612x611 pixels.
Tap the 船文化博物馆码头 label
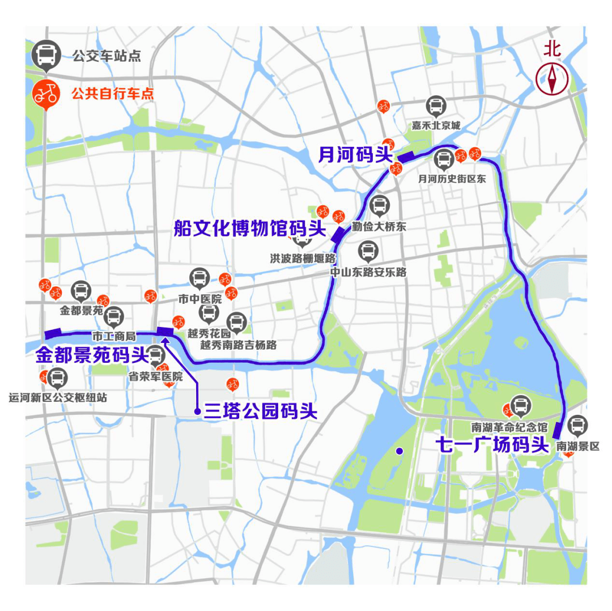pos(250,229)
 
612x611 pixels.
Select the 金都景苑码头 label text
pos(91,355)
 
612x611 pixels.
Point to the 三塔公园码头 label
pos(261,411)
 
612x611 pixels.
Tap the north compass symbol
pos(552,79)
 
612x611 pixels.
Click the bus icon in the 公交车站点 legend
pos(45,55)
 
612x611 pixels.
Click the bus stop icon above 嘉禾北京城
pos(436,105)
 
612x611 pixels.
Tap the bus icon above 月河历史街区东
pos(444,159)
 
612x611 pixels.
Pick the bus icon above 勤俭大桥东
pos(379,205)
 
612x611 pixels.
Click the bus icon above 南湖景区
pos(577,425)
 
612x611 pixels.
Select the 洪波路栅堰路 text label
pos(303,258)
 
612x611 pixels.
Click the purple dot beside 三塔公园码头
pos(197,411)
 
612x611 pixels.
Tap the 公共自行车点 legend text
pos(112,94)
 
